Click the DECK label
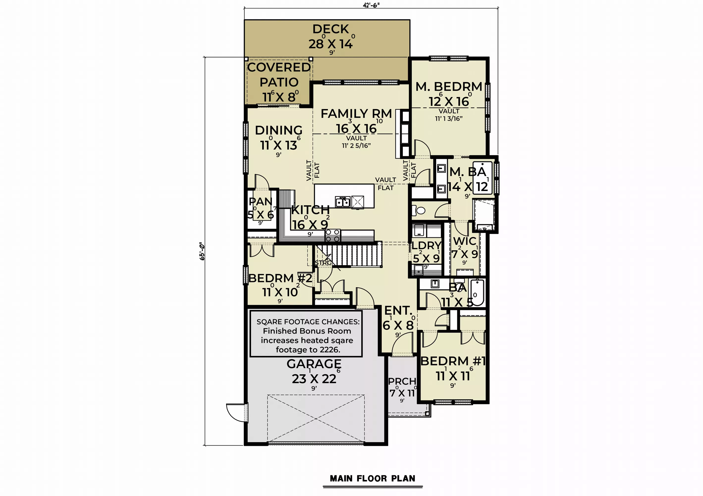point(331,29)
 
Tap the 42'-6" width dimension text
point(371,5)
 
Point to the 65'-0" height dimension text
point(202,251)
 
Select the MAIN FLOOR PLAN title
point(373,479)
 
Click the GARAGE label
point(314,364)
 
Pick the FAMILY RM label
point(356,114)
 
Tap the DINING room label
point(279,130)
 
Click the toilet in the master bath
point(419,210)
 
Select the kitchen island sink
point(343,202)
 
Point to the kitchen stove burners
point(333,235)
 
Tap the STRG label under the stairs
point(323,263)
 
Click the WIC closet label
point(464,241)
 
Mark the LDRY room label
point(426,245)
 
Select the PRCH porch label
point(402,381)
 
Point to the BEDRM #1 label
point(453,361)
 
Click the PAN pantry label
point(261,201)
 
